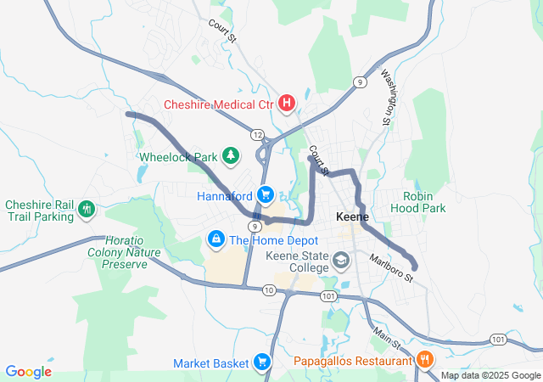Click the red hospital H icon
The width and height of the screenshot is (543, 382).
pos(287,104)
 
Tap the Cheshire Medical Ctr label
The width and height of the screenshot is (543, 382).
pos(219,104)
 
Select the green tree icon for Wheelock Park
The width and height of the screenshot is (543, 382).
pos(229,154)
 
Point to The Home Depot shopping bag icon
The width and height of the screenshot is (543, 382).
pos(216,240)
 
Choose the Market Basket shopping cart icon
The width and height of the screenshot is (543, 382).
pos(261,362)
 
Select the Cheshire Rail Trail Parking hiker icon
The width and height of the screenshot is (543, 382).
pos(86,209)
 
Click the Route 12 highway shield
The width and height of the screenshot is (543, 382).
pos(256,133)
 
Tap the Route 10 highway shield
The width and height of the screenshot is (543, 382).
pos(269,290)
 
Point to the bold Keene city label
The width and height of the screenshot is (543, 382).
pos(352,216)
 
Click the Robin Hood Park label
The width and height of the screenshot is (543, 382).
pos(424,201)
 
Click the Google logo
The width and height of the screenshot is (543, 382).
pos(28,372)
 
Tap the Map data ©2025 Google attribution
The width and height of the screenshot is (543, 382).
pos(490,375)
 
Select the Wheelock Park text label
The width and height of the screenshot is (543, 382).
pos(178,157)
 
